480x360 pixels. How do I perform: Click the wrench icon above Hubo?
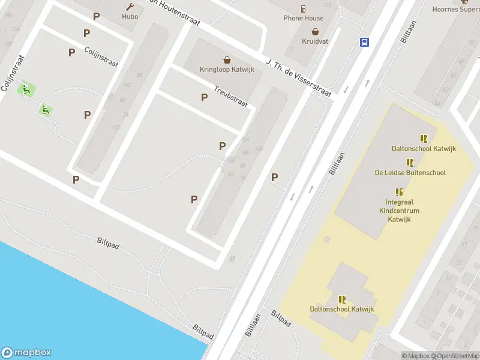tap(130, 7)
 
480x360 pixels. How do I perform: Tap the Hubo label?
tap(130, 17)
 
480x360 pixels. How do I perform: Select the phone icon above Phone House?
tap(304, 8)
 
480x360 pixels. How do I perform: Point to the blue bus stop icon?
tap(364, 42)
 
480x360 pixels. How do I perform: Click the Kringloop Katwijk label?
tap(227, 70)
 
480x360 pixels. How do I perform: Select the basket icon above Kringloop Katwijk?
tap(227, 59)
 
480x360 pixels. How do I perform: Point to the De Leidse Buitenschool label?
tap(410, 173)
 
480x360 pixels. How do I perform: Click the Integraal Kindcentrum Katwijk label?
tap(399, 211)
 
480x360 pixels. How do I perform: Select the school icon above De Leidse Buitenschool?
tap(410, 163)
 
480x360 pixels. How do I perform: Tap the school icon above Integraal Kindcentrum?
tap(399, 192)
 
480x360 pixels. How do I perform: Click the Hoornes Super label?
tap(456, 9)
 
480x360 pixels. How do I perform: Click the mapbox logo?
tap(26, 353)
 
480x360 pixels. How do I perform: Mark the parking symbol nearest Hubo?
tap(95, 16)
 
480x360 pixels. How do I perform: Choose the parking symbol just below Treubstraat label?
tap(204, 97)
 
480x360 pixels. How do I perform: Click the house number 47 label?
tap(232, 259)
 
